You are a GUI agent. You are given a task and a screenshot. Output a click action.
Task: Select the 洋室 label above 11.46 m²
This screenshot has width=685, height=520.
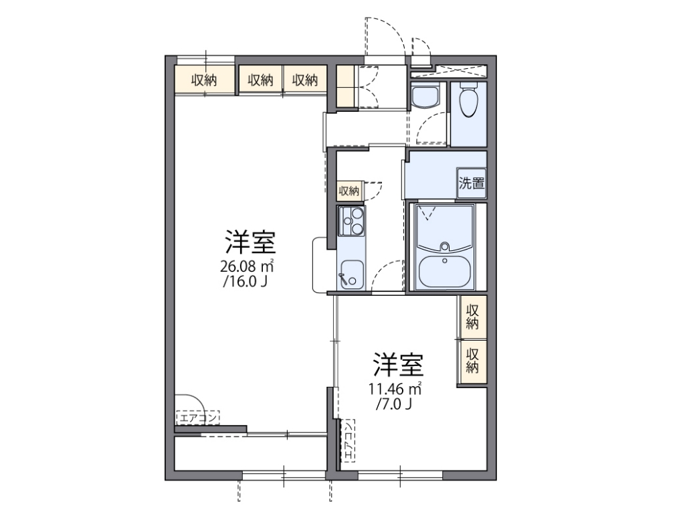[398, 365]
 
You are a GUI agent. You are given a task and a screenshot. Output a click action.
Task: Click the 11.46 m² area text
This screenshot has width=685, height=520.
[395, 388]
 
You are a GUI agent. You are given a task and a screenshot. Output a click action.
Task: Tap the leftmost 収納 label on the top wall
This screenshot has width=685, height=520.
[204, 80]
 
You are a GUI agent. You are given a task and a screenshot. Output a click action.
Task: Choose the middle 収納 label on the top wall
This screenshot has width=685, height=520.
[261, 80]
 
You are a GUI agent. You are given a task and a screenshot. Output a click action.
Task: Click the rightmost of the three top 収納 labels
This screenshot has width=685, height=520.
[304, 80]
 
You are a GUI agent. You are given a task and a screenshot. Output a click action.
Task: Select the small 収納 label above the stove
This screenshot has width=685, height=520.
[349, 191]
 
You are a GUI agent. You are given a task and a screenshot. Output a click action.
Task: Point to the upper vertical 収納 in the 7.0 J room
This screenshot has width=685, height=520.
[472, 316]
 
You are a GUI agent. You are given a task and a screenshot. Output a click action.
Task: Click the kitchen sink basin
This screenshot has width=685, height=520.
[351, 275]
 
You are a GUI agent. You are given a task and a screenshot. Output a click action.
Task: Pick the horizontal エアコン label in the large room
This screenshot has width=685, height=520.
[198, 419]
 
